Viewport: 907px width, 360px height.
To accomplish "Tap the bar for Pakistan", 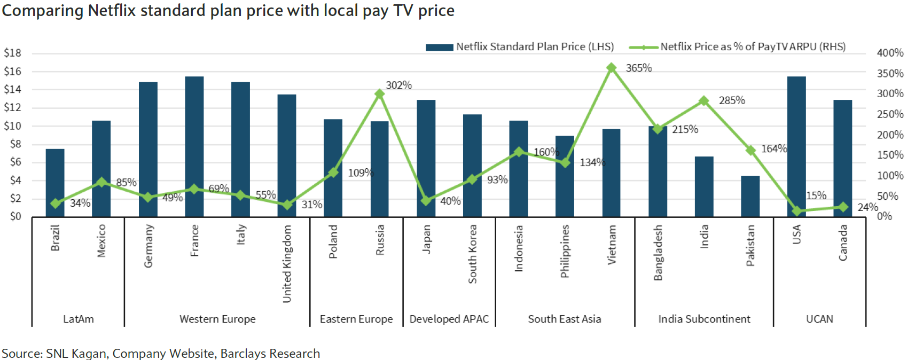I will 750,196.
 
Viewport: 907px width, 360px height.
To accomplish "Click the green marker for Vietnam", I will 611,68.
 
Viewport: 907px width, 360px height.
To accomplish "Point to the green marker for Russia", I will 379,94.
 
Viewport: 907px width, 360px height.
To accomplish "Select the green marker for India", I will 703,100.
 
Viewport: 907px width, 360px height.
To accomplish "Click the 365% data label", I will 638,68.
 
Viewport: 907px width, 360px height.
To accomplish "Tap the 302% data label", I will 398,85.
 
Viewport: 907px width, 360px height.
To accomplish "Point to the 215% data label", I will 685,129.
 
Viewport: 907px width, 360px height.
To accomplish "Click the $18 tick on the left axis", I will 13,53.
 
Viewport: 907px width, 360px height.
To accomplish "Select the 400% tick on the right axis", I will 890,53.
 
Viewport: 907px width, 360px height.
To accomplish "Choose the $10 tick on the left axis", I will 13,126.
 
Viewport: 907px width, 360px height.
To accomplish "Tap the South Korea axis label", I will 472,254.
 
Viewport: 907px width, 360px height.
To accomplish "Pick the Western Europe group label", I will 217,319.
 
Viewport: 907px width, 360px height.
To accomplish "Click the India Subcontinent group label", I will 704,319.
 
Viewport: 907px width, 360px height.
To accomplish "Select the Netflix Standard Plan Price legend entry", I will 534,47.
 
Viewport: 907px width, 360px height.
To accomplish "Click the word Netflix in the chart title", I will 112,11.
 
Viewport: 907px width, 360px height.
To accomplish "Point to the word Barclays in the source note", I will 243,354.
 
